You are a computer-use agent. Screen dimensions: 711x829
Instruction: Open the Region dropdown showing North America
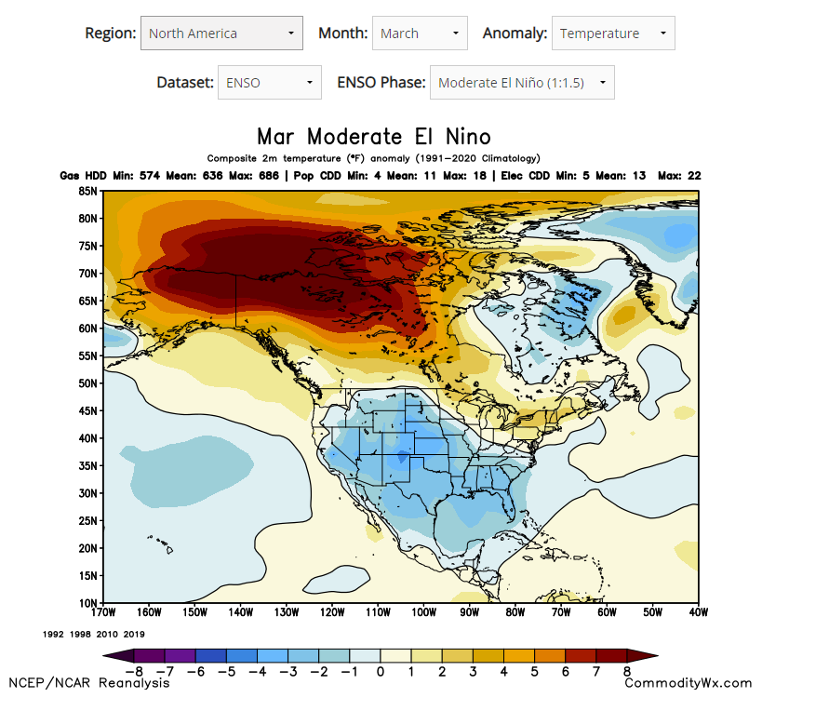[221, 34]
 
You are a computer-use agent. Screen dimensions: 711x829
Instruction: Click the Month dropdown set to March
[419, 34]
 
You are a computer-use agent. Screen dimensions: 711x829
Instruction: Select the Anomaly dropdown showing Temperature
[612, 34]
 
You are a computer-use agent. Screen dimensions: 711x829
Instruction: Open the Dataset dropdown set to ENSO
[269, 83]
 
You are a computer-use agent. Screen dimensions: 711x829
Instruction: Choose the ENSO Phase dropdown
[521, 83]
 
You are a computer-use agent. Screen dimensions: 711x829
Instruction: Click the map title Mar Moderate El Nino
[373, 138]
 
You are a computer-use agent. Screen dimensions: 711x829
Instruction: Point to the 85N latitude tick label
[89, 191]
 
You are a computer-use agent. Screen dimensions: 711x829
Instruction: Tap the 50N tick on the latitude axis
[89, 383]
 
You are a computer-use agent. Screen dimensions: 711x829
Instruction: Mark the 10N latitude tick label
[89, 603]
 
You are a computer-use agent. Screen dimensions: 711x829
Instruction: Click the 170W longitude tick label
[103, 612]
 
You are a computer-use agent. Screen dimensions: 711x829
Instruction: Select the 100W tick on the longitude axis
[423, 612]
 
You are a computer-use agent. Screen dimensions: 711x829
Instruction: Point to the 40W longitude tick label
[698, 612]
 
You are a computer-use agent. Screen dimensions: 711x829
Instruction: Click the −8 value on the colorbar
[134, 672]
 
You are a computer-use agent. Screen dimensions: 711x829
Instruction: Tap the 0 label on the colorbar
[381, 672]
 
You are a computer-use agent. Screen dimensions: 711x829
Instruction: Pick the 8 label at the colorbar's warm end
[628, 672]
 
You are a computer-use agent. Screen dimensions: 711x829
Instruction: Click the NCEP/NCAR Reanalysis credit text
[89, 683]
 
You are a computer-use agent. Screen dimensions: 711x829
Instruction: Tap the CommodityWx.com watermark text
[688, 683]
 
